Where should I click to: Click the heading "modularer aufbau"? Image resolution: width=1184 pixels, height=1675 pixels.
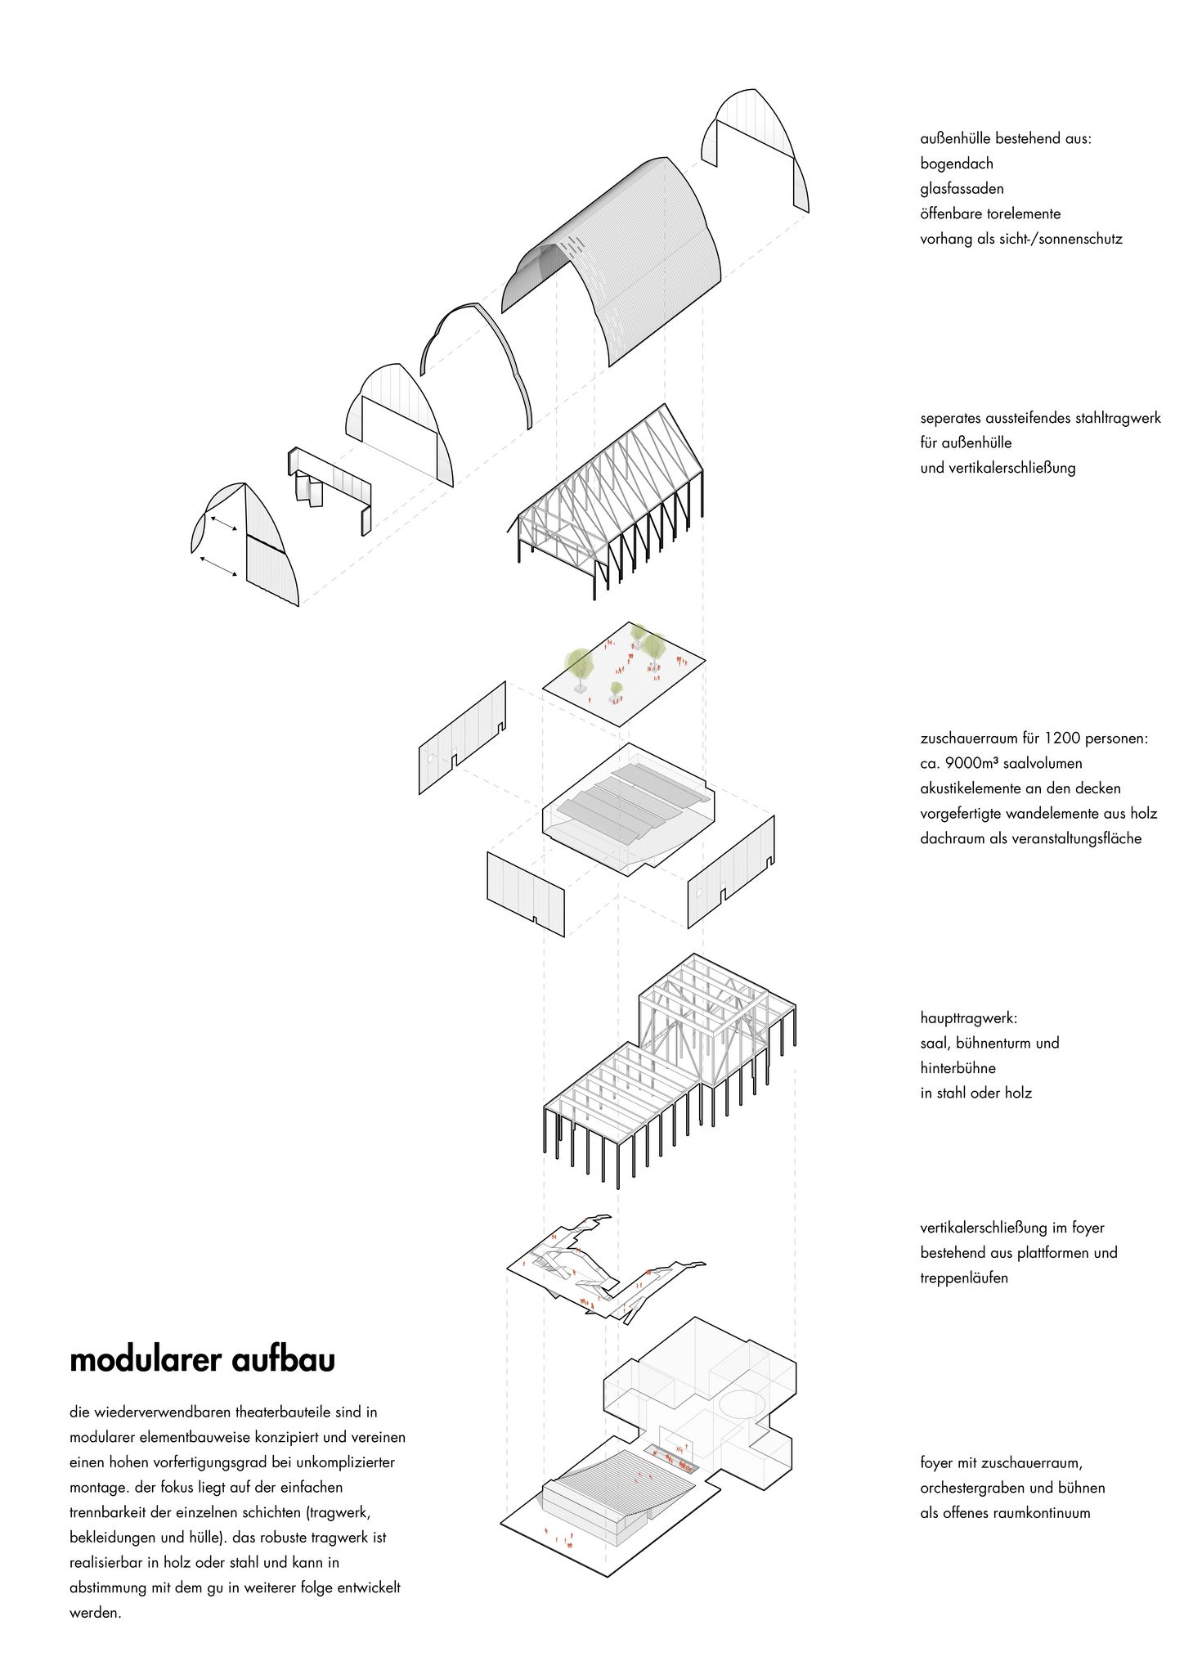click(x=202, y=1360)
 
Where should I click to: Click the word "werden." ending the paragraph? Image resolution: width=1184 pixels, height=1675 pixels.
click(x=96, y=1614)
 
